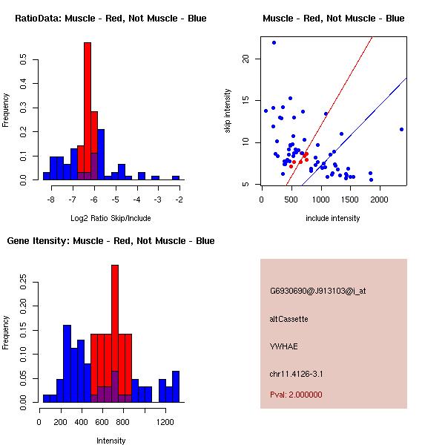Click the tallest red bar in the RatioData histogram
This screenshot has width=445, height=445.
(x=88, y=111)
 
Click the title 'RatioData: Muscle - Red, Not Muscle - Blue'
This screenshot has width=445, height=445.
(x=111, y=18)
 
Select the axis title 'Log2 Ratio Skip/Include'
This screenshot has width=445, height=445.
(x=111, y=218)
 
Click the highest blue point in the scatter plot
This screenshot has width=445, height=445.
(x=274, y=42)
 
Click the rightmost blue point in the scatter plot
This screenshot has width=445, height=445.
(x=401, y=129)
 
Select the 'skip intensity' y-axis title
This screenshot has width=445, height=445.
(x=228, y=111)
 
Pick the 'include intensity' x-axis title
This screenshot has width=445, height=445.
(x=333, y=218)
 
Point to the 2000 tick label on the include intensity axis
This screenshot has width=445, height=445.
(x=380, y=200)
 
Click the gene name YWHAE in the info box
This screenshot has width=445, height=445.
(x=283, y=346)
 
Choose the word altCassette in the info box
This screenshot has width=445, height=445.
(x=289, y=319)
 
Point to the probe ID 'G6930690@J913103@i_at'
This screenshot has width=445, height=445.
(x=317, y=291)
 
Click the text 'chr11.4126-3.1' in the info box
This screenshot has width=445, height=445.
(x=296, y=373)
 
